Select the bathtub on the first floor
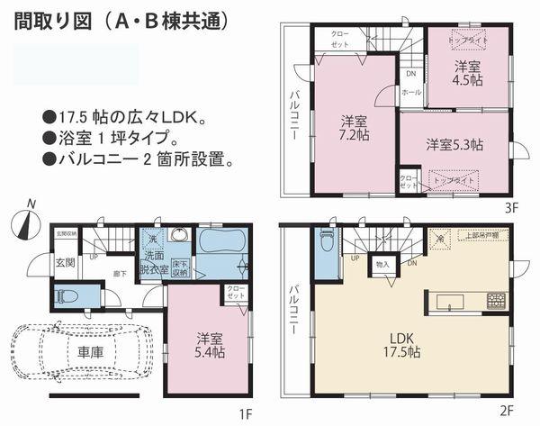point(221,241)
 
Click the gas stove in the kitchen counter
point(496,301)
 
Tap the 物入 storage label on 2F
point(382,264)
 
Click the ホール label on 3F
point(410,92)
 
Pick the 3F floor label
point(511,206)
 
